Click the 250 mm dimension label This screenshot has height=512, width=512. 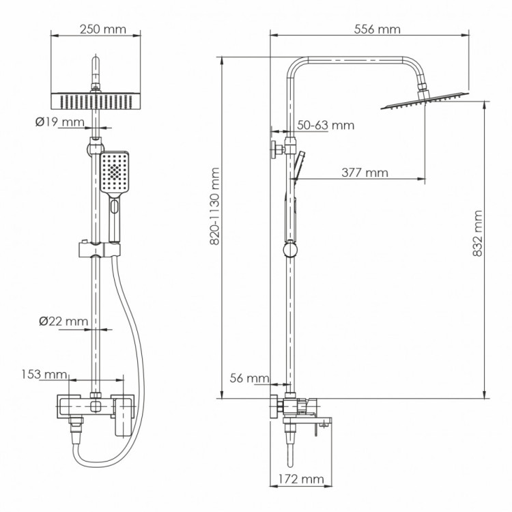coord(96,29)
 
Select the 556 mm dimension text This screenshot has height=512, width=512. coord(378,29)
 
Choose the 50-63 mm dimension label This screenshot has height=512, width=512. coord(326,125)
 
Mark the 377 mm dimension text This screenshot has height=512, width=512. coord(365,173)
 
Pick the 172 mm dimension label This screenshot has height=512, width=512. coord(300,480)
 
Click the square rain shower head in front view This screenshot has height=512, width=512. coord(96,100)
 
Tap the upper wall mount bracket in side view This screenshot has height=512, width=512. coord(279,150)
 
